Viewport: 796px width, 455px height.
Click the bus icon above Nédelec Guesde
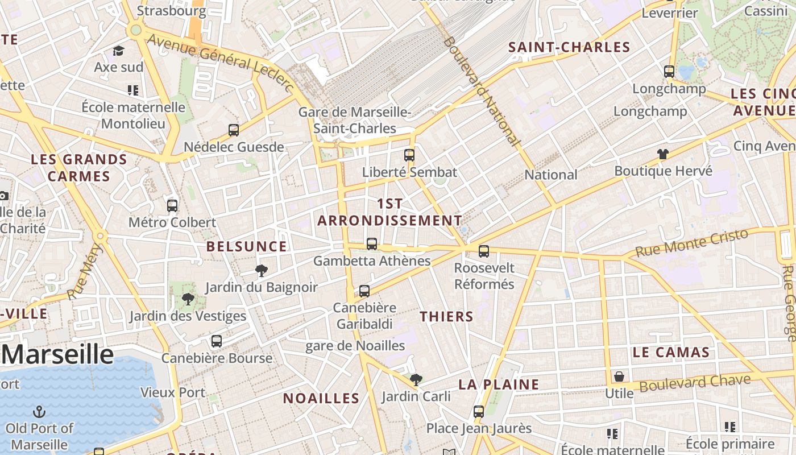point(234,130)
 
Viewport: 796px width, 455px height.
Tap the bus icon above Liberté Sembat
point(409,155)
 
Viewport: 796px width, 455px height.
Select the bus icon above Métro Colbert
point(172,206)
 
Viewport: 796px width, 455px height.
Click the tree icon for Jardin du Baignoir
point(262,271)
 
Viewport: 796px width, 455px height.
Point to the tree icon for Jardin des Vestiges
point(188,299)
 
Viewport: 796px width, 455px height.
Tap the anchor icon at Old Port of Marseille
point(40,411)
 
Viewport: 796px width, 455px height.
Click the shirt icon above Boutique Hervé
point(663,154)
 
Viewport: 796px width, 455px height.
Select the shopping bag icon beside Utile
point(619,377)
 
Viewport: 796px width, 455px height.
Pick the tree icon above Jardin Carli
point(416,379)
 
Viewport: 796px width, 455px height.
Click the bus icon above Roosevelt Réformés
point(484,251)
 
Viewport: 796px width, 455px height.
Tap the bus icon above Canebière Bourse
point(217,341)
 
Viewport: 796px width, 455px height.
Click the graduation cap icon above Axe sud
point(118,51)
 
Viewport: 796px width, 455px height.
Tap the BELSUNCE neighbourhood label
point(246,246)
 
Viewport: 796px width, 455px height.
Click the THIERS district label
point(446,317)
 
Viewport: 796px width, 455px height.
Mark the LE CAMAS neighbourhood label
point(671,352)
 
